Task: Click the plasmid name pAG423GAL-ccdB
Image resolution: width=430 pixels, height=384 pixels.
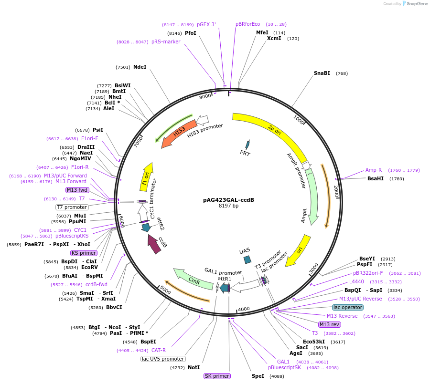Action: (228, 199)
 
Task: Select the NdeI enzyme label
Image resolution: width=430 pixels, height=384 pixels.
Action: (140, 67)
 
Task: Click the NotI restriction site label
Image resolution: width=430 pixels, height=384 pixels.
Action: (193, 368)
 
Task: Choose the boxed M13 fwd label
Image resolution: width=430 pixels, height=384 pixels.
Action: (77, 190)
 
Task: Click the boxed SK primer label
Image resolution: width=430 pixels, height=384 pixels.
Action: (217, 376)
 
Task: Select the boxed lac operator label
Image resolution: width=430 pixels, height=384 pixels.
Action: (348, 307)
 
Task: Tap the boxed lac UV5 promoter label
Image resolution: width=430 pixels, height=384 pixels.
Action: (163, 359)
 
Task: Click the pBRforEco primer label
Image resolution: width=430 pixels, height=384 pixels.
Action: (247, 24)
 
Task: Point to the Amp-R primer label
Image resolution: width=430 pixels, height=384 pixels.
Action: (374, 170)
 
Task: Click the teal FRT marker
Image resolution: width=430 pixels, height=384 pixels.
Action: (247, 144)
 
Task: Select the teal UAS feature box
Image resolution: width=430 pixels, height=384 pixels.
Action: (247, 259)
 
